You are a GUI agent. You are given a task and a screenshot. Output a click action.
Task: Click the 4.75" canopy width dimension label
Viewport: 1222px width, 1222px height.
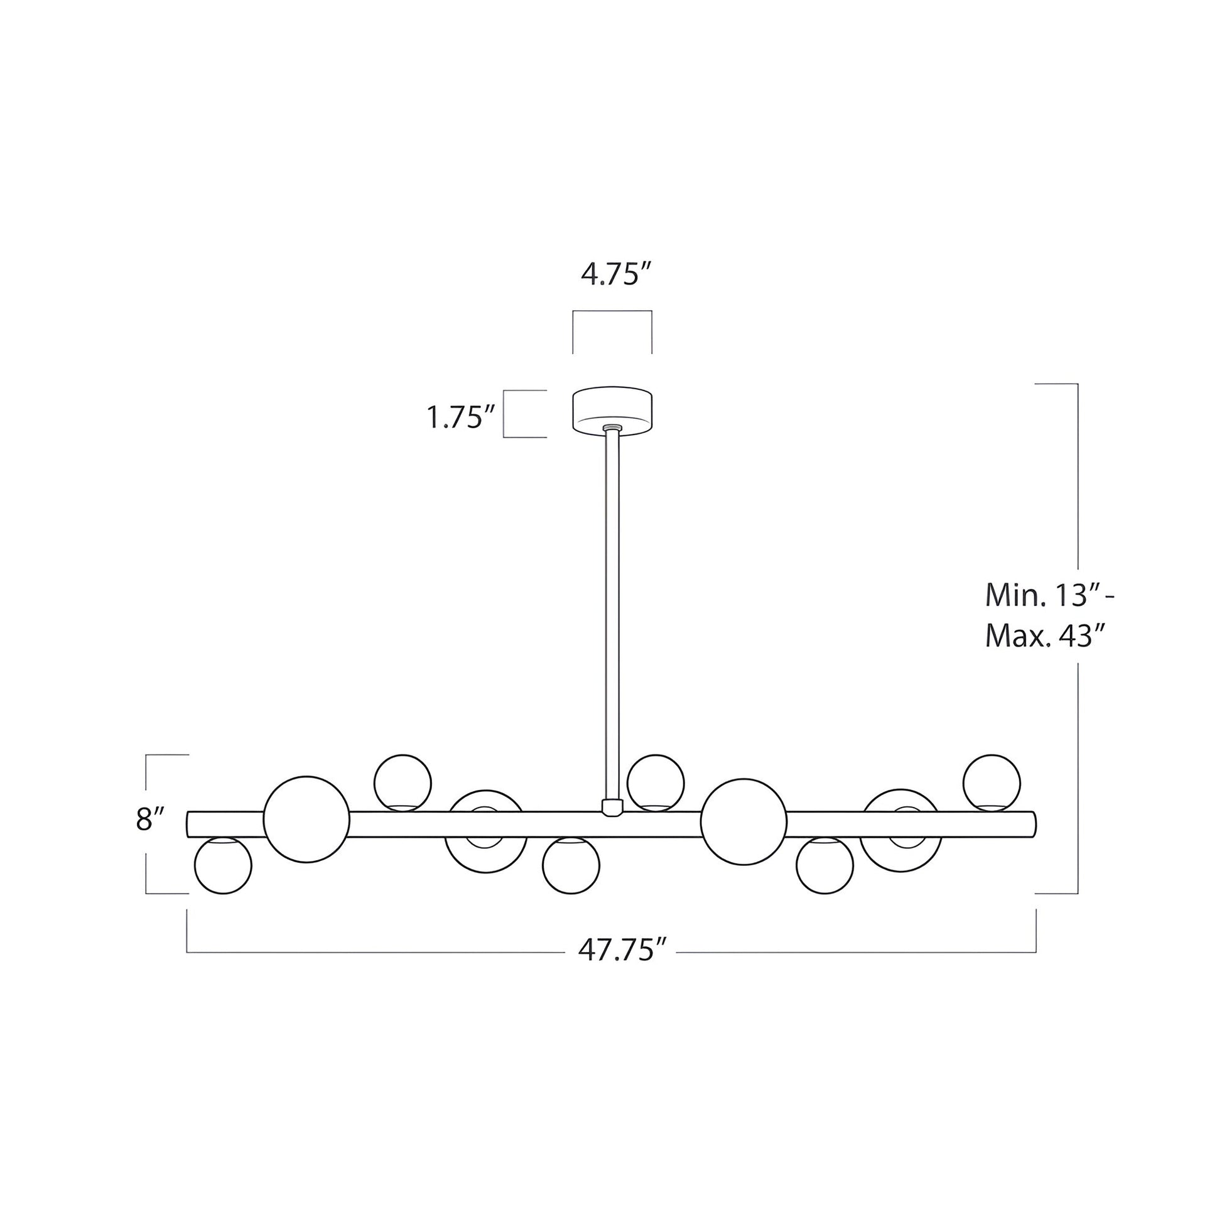coord(615,275)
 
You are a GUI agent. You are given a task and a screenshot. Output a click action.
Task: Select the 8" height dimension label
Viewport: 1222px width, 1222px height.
coord(150,819)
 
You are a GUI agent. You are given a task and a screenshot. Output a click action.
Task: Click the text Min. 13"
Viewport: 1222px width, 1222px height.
coord(1046,595)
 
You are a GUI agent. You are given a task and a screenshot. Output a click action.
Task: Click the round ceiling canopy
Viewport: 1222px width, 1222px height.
coord(612,410)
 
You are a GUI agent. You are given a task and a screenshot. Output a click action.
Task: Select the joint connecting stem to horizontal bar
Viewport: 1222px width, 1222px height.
coord(612,808)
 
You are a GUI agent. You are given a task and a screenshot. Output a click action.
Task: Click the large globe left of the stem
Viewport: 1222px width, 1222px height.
coord(307,819)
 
